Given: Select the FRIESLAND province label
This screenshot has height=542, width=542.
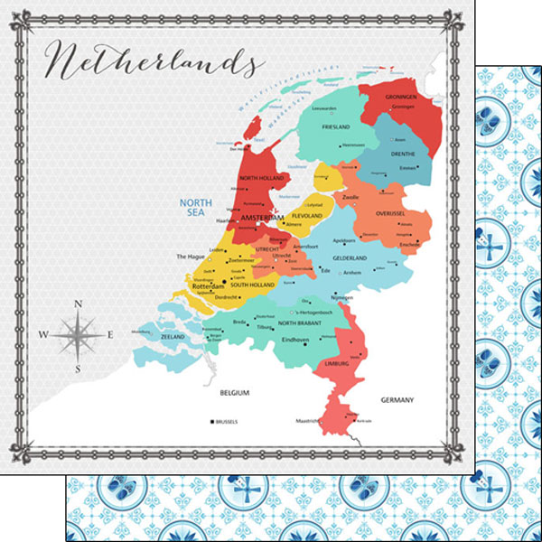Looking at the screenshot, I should coord(335,127).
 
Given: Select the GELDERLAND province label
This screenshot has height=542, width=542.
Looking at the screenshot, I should coord(350,257).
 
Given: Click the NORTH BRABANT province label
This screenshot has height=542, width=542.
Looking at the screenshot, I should coord(300,322).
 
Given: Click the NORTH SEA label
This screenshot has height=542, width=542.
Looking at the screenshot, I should coord(195,207).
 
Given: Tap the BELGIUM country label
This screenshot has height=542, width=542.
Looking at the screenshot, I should coord(235,393).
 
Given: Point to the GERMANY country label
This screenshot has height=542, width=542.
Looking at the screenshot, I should coord(397,399).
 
